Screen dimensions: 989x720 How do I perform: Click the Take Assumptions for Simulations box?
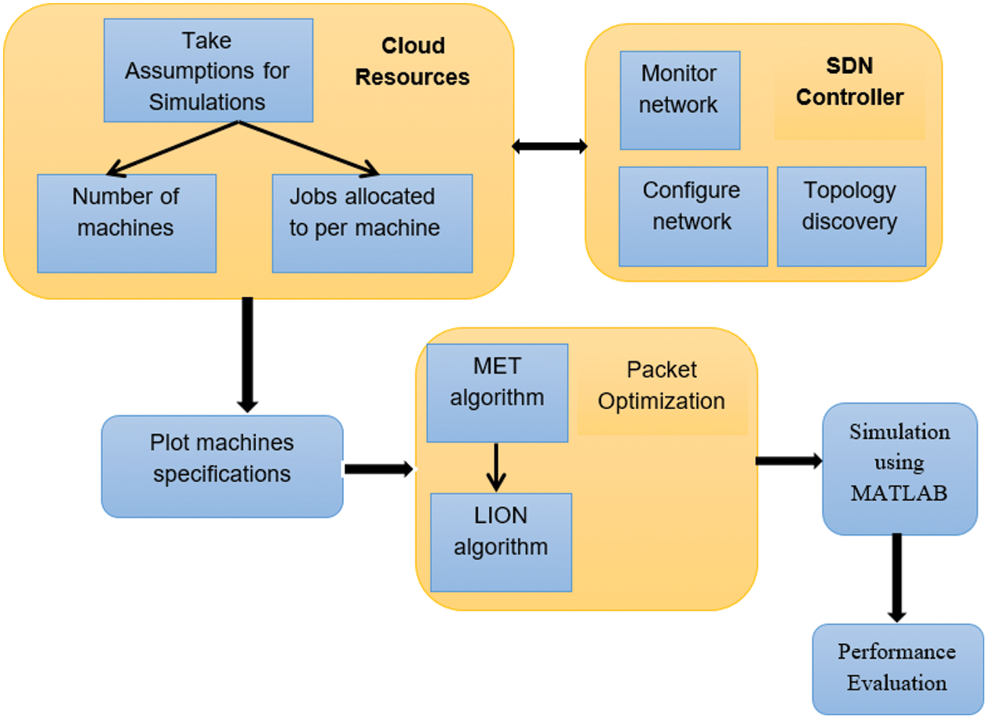(x=209, y=70)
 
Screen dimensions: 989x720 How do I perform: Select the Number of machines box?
(x=126, y=224)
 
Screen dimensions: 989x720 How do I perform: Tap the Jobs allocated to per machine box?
(x=372, y=224)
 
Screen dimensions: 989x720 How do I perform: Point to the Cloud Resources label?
(x=412, y=61)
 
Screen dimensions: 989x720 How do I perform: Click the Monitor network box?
(x=680, y=101)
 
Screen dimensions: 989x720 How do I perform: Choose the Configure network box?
(x=693, y=217)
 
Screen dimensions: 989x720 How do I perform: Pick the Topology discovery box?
(x=852, y=217)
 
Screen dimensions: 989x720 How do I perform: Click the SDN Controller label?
(x=850, y=82)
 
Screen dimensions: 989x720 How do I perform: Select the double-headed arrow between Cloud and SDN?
(x=549, y=146)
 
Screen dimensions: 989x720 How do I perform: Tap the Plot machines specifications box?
(x=222, y=466)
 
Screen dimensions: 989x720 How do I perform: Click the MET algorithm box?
(x=497, y=393)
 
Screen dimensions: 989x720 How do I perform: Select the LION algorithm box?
(x=501, y=543)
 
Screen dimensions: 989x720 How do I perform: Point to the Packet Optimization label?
(x=662, y=386)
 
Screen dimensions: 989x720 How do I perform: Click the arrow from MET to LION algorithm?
(x=496, y=468)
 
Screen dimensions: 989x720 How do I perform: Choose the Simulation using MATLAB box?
(x=900, y=469)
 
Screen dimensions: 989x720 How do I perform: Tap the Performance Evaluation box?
(x=898, y=670)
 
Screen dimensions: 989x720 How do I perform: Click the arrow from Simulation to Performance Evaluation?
(x=896, y=579)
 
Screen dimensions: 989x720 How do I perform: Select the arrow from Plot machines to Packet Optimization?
(x=379, y=469)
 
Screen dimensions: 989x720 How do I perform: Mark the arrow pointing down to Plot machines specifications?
(x=247, y=355)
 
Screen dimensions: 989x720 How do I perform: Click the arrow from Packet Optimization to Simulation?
(x=789, y=461)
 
